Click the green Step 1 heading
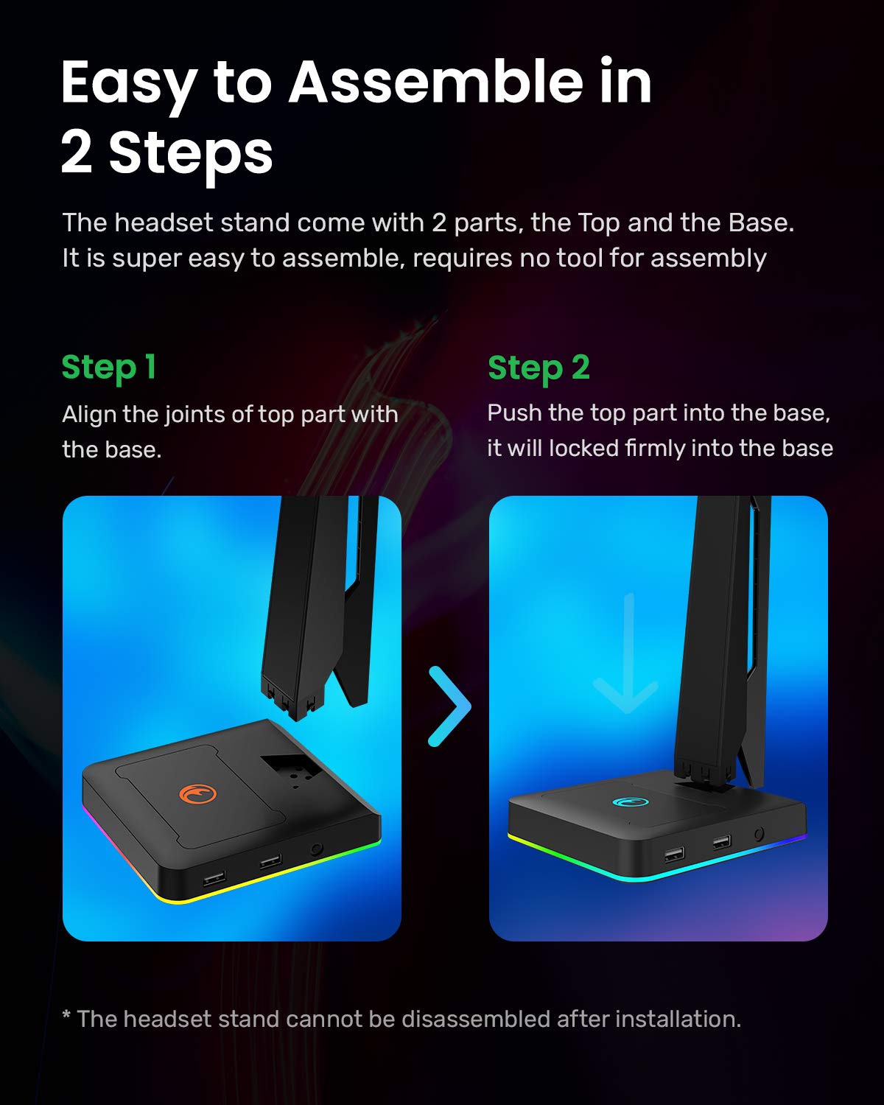[x=109, y=368]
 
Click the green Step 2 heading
[x=539, y=368]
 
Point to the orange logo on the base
[x=198, y=795]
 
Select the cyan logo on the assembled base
[x=622, y=804]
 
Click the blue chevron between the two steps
[x=449, y=706]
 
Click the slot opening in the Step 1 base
[x=291, y=770]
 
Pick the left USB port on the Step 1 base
[x=214, y=877]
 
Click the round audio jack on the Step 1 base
[x=318, y=849]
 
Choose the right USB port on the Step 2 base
[x=721, y=841]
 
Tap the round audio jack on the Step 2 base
[x=759, y=834]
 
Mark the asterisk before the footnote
[x=66, y=1017]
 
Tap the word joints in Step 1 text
[x=195, y=415]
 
